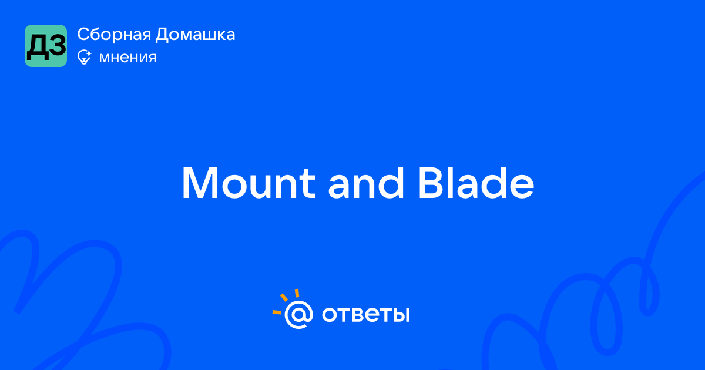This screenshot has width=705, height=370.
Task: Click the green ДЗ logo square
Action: click(x=46, y=46)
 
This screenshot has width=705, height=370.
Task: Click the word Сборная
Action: click(x=114, y=35)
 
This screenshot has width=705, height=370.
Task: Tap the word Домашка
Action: click(x=195, y=35)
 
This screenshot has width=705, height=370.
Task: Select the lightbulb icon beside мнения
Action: click(x=85, y=57)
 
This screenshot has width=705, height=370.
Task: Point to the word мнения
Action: click(x=127, y=58)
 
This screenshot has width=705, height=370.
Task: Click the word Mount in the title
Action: click(x=249, y=183)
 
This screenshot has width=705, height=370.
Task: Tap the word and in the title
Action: click(x=365, y=183)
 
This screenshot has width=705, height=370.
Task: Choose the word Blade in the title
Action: click(x=476, y=183)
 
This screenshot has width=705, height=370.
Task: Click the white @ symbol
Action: click(x=298, y=314)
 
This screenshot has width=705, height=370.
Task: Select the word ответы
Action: click(x=365, y=315)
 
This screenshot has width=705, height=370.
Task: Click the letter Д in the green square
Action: click(x=37, y=47)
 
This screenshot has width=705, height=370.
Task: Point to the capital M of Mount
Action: click(x=200, y=183)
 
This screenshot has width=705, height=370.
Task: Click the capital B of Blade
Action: click(x=431, y=183)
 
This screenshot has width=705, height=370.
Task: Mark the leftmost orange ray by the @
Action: click(x=277, y=312)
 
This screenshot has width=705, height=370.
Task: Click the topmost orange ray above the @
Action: click(x=297, y=293)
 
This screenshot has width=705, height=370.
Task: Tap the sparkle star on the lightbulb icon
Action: click(x=89, y=53)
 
